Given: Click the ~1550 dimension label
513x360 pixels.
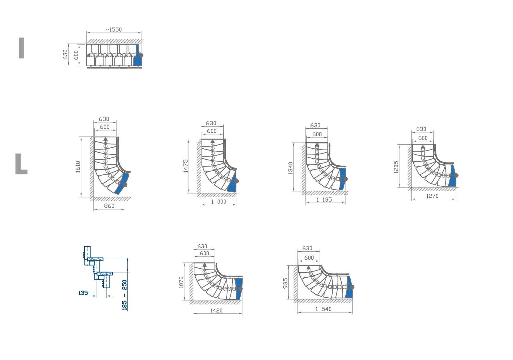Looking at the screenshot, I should click(114, 30).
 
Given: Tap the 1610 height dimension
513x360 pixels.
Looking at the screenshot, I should click(78, 167).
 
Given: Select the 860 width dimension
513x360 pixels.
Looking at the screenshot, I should click(109, 206).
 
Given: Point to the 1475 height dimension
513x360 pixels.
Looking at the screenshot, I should click(186, 166).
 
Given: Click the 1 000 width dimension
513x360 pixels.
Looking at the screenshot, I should click(219, 202).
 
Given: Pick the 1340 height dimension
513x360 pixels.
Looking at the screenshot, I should click(291, 168).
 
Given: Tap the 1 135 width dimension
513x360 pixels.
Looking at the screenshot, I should click(324, 200).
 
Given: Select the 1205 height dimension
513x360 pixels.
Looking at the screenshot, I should click(396, 167).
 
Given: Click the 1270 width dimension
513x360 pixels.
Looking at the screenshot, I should click(432, 196).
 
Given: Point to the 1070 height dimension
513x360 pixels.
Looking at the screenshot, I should click(181, 282).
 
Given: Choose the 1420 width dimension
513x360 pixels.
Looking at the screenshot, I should click(216, 311).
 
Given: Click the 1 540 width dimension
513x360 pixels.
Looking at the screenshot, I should click(324, 309).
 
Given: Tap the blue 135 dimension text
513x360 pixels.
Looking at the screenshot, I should click(83, 293).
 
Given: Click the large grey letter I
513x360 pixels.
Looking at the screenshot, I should click(21, 48).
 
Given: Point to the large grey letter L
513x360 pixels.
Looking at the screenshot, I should click(21, 164).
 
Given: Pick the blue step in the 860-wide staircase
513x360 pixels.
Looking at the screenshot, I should click(122, 183).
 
